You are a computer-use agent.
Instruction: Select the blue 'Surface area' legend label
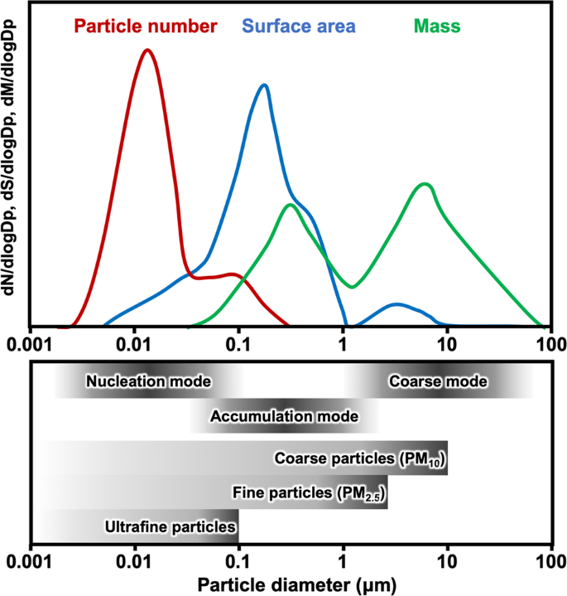point(300,26)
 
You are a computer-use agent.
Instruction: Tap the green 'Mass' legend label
point(439,26)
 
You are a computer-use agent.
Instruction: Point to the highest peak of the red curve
point(147,50)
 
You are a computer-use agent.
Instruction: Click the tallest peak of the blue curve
point(264,85)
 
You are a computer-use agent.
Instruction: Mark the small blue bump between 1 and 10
point(397,305)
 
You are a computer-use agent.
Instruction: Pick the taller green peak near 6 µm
point(425,184)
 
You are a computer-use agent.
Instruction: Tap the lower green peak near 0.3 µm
point(290,205)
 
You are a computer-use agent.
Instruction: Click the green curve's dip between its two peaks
point(353,287)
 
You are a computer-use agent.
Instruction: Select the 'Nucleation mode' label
point(148,382)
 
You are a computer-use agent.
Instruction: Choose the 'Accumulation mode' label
point(285,415)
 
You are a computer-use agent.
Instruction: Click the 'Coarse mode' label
point(438,382)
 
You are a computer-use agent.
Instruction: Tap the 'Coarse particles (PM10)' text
point(360,458)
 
